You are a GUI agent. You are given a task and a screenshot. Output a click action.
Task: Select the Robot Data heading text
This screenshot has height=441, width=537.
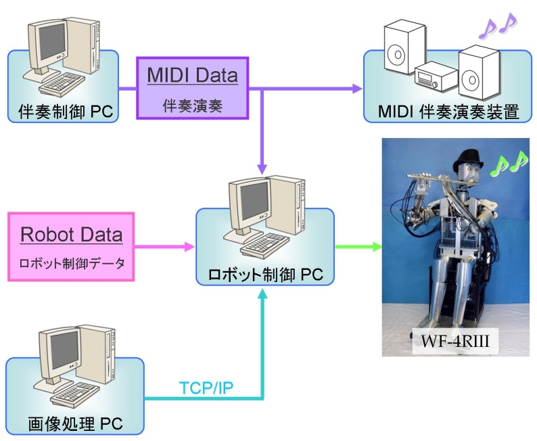click(71, 235)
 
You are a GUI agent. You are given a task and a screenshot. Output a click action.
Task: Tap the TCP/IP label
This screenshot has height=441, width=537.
click(204, 388)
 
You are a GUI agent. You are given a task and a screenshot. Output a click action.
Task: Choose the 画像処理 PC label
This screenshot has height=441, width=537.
click(75, 424)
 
